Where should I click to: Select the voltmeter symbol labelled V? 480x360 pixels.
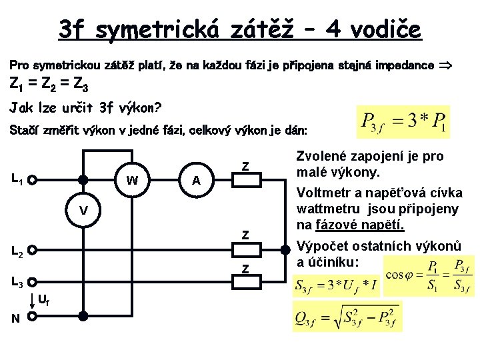[x=83, y=211]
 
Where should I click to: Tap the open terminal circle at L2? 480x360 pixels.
[x=32, y=251]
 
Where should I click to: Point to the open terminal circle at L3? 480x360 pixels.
[x=32, y=283]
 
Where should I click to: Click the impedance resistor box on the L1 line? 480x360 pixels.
[x=245, y=179]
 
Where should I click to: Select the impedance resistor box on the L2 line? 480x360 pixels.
[x=245, y=251]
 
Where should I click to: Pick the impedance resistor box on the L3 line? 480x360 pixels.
[x=245, y=283]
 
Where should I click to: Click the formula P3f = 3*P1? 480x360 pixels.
[x=394, y=122]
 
